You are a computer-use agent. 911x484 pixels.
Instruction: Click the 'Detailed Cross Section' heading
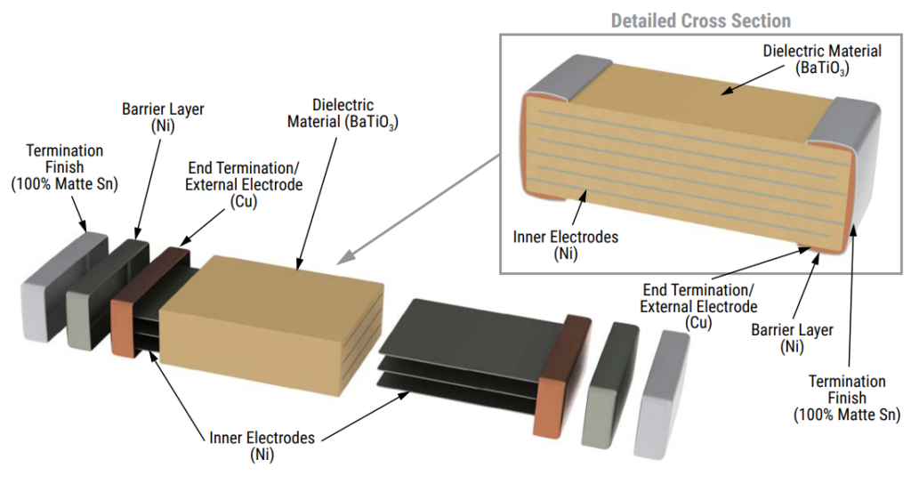click(x=700, y=20)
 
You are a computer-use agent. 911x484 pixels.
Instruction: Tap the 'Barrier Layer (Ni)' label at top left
click(x=162, y=117)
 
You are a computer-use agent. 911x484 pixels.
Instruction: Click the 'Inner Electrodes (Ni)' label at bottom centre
click(x=262, y=446)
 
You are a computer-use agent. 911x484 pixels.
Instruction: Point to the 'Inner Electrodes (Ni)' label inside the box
click(x=565, y=245)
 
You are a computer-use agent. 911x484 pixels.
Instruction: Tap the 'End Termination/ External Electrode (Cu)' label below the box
click(x=698, y=306)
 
